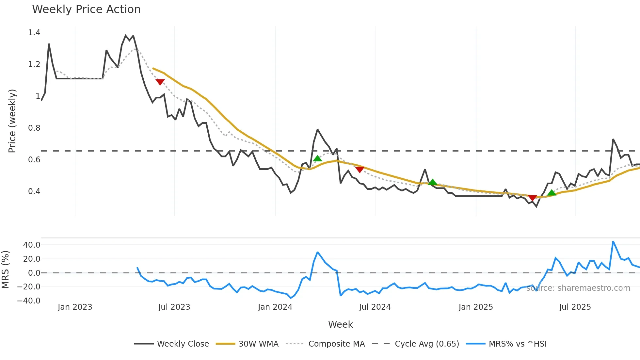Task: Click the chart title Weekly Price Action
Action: tap(86, 9)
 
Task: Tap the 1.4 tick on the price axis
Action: tap(34, 33)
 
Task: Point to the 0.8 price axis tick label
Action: tap(34, 128)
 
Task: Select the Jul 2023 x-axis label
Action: tap(174, 307)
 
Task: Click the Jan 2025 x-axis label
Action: tap(475, 307)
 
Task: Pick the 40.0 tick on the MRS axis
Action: tap(31, 245)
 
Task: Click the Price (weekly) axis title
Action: tap(12, 121)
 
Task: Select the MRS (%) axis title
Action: tap(5, 270)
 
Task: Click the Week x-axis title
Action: tap(340, 324)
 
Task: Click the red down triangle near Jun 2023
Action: tap(160, 82)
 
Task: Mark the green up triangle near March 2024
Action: tap(317, 159)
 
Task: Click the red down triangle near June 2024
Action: tap(360, 170)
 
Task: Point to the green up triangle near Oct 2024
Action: tap(432, 182)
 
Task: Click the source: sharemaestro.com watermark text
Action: tap(578, 288)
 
